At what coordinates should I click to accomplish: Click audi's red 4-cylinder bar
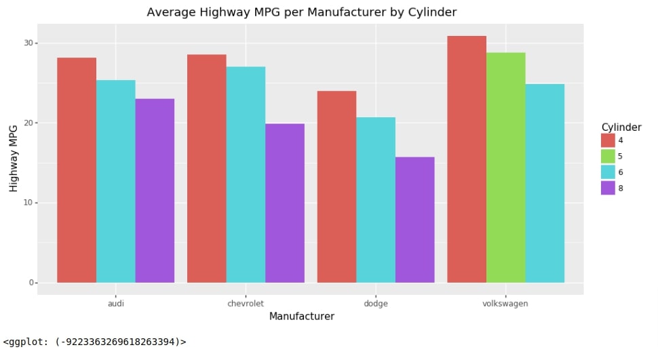tap(77, 169)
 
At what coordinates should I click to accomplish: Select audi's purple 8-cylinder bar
tap(155, 191)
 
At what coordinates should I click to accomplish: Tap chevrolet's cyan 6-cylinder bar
tap(246, 174)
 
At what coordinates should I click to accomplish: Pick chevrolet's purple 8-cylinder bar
tap(285, 203)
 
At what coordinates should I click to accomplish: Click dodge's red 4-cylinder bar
tap(336, 186)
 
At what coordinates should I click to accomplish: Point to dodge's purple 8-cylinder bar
tap(414, 220)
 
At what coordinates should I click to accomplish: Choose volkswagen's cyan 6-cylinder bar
tap(545, 183)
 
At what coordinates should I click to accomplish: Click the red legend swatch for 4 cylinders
tap(608, 140)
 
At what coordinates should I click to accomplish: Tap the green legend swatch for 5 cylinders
tap(608, 156)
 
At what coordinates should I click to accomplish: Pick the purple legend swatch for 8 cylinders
tap(608, 188)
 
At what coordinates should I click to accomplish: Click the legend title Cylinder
tap(621, 127)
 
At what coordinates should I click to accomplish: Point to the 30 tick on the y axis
tap(29, 43)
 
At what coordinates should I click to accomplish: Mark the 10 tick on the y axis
tap(29, 203)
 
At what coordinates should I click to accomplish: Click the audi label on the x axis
tap(116, 304)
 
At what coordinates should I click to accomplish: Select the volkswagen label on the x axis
tap(505, 304)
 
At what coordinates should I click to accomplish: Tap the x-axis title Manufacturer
tap(301, 317)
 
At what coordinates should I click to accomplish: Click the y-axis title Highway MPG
tap(14, 158)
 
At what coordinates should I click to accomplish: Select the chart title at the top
tap(301, 12)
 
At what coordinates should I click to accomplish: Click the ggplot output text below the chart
tap(94, 342)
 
